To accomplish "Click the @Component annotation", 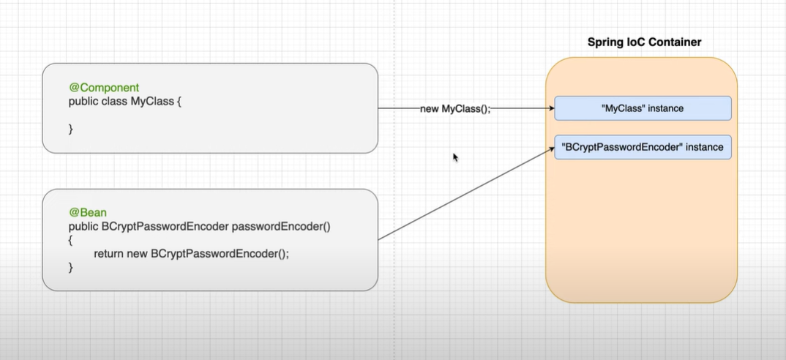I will (104, 87).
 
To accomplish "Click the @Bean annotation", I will (88, 213).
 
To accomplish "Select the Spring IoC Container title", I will (644, 42).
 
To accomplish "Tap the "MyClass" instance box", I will (643, 108).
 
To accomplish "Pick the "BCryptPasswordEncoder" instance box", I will (643, 147).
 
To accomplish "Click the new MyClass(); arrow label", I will (455, 108).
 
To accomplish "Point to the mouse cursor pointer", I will (455, 157).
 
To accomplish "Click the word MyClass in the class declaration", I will (152, 101).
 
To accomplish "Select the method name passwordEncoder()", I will (282, 226).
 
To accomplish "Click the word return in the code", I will (110, 253).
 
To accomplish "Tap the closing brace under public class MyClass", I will (71, 129).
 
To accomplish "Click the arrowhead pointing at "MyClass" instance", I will (550, 108).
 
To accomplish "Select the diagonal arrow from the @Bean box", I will (465, 194).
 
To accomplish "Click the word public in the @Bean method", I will (83, 226).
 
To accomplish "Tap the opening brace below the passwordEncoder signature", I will (71, 239).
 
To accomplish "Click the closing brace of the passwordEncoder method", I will (71, 267).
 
